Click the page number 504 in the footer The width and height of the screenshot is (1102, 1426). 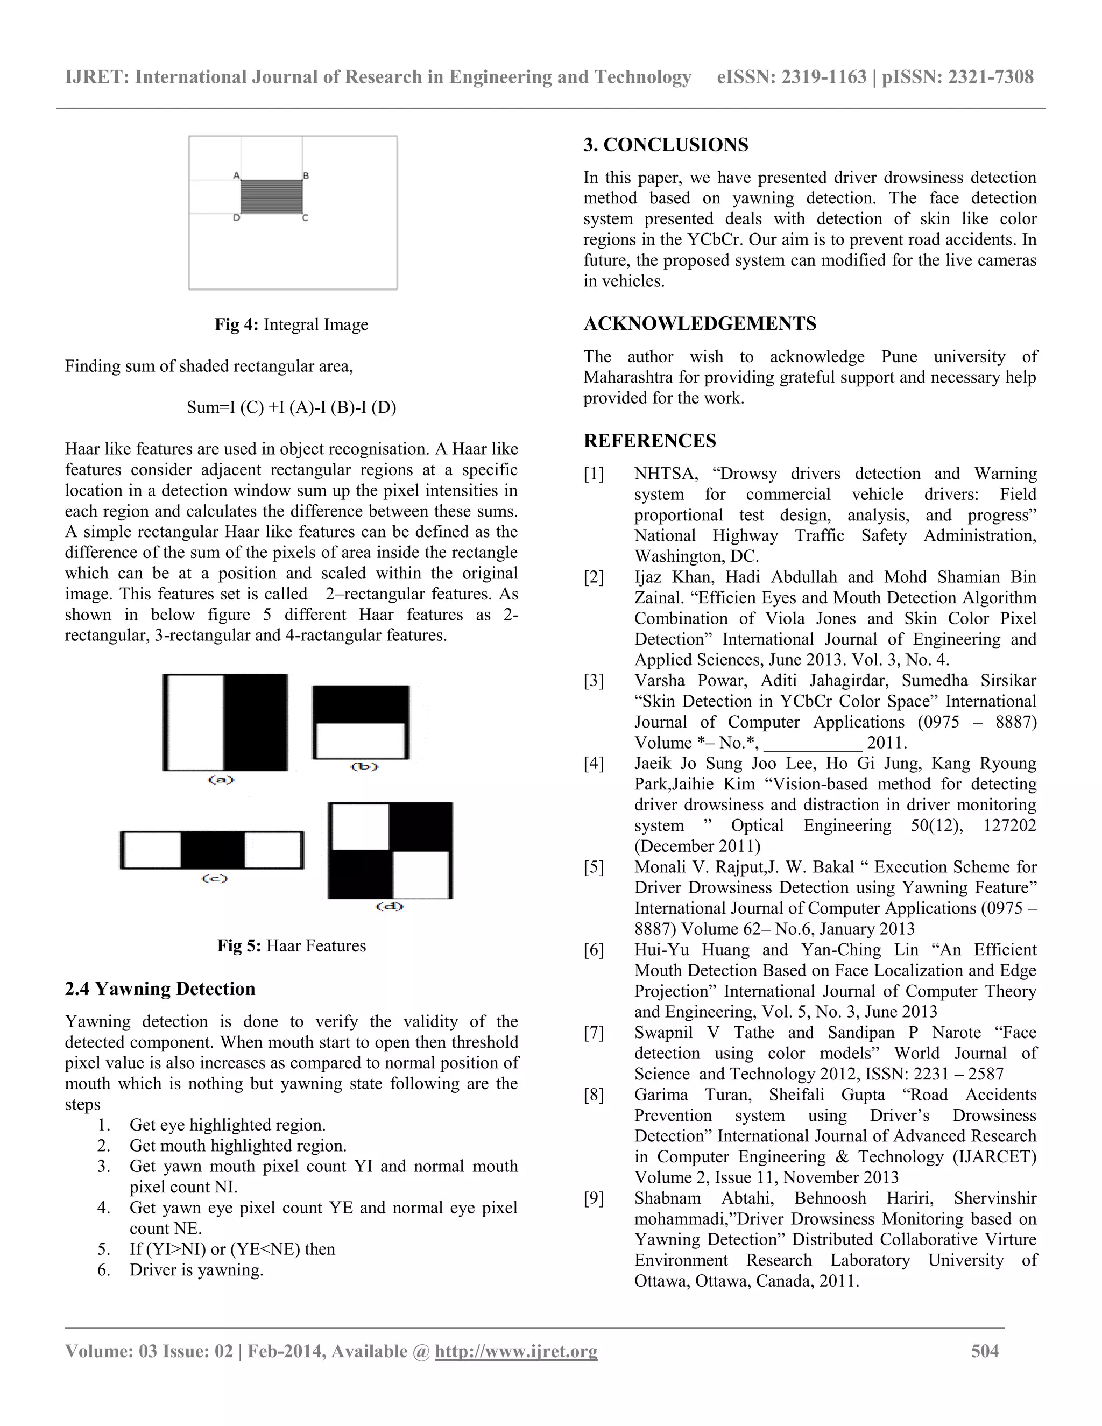(x=985, y=1351)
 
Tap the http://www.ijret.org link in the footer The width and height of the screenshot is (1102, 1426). (x=515, y=1351)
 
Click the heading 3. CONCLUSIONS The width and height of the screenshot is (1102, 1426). (x=666, y=145)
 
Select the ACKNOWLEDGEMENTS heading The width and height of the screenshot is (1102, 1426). (x=700, y=324)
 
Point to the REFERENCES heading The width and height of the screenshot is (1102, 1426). (x=649, y=441)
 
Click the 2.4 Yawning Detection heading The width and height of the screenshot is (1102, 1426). (x=160, y=989)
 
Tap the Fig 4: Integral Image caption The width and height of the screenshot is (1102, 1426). (x=291, y=324)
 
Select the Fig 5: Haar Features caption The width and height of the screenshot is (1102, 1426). (x=291, y=945)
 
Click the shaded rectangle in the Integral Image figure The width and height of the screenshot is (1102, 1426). (x=271, y=196)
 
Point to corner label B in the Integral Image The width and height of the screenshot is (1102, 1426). (x=306, y=175)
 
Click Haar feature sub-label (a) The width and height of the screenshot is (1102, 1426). (x=221, y=780)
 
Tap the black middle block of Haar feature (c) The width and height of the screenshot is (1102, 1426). (x=212, y=850)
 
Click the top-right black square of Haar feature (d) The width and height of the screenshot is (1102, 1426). (x=420, y=827)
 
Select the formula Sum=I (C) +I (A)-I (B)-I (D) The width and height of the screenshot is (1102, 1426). (x=291, y=407)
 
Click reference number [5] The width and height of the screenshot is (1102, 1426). (x=594, y=867)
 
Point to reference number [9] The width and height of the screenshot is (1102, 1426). (x=594, y=1198)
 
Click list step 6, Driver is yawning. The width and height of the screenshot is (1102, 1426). (x=196, y=1270)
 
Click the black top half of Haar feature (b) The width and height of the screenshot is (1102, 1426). (x=361, y=704)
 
